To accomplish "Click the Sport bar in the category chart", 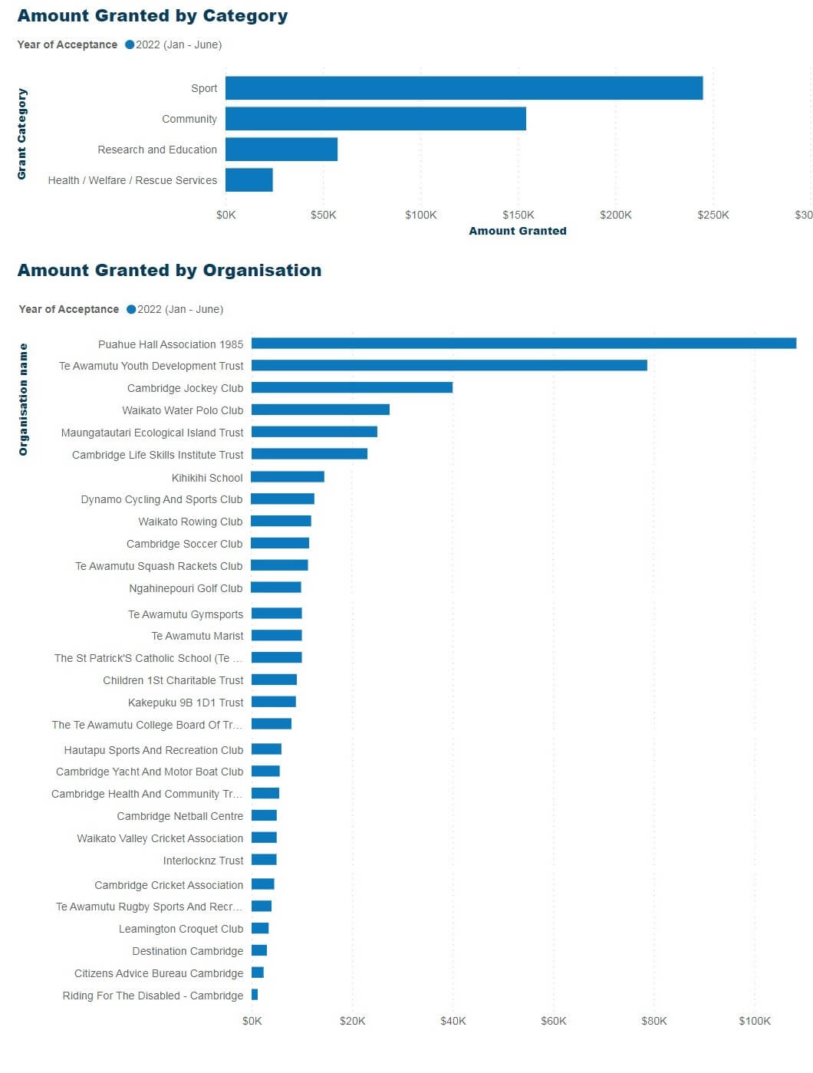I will pyautogui.click(x=464, y=88).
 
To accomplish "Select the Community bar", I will pyautogui.click(x=376, y=119).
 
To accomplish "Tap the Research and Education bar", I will pyautogui.click(x=281, y=150).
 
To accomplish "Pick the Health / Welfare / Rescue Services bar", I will pyautogui.click(x=249, y=180).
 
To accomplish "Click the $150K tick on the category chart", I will pyautogui.click(x=518, y=215).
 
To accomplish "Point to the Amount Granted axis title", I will pyautogui.click(x=518, y=231).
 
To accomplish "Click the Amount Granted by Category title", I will pyautogui.click(x=153, y=16).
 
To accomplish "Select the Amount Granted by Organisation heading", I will pyautogui.click(x=170, y=271).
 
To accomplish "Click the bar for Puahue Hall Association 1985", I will pyautogui.click(x=524, y=344).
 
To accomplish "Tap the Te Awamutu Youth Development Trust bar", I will pyautogui.click(x=449, y=366).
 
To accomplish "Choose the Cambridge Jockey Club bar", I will pyautogui.click(x=352, y=388).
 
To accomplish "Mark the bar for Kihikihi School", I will pyautogui.click(x=288, y=477).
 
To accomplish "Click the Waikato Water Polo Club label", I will pyautogui.click(x=183, y=410).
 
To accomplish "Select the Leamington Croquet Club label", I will pyautogui.click(x=181, y=929).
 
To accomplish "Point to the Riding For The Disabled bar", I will pyautogui.click(x=255, y=995).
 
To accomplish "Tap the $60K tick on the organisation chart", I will pyautogui.click(x=554, y=1021).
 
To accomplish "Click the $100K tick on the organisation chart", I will pyautogui.click(x=755, y=1021).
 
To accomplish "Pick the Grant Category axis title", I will pyautogui.click(x=22, y=134).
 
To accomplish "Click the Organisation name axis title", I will pyautogui.click(x=23, y=399).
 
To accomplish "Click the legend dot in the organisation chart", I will pyautogui.click(x=131, y=309).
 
